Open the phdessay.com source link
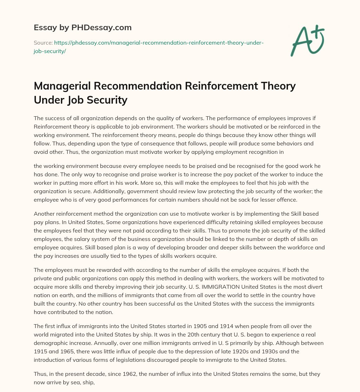click(x=158, y=43)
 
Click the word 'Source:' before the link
click(x=43, y=43)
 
